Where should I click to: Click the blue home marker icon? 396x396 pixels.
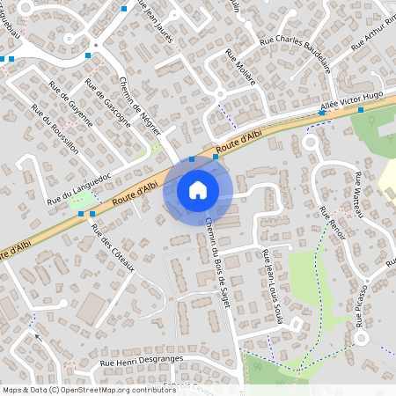coord(198,189)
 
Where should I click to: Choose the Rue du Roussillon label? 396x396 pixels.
coord(55,130)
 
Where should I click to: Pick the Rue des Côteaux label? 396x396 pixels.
coord(112,248)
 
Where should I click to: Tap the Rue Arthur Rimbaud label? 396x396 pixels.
coord(374,33)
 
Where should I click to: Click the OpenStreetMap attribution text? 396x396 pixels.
coord(77,389)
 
